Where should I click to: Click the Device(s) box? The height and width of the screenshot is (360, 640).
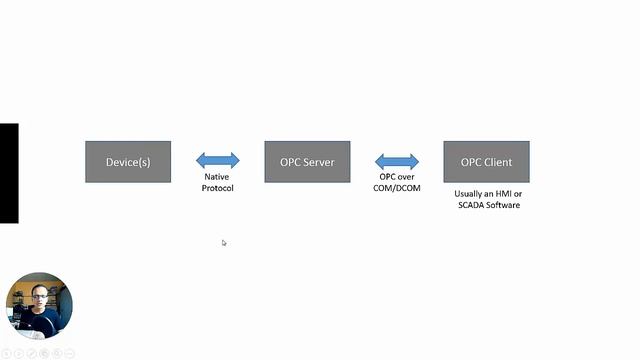pos(128,162)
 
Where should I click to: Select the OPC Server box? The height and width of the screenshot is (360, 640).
pos(307,162)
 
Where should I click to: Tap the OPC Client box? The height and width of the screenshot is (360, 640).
pos(486,162)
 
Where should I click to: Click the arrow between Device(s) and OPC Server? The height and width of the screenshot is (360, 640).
pos(218,160)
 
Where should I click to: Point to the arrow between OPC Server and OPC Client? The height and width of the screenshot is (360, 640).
pos(397,161)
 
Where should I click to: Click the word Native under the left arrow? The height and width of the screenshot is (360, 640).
pos(217,177)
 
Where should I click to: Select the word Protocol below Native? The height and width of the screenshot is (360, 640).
pos(217,188)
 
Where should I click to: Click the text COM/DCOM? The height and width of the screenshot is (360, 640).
pos(397,188)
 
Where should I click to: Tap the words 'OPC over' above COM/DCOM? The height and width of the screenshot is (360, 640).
pos(397,177)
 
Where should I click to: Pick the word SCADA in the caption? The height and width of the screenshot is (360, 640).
pos(469,205)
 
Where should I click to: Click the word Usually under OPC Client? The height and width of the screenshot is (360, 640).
pos(469,194)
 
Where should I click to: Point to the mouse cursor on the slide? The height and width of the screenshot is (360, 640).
pos(224,243)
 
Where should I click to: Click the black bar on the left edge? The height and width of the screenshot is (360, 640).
pos(9,173)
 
